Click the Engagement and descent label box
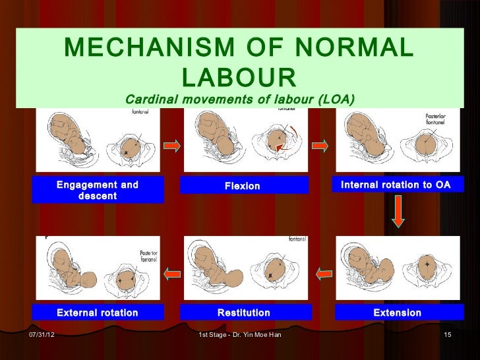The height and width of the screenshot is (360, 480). pyautogui.click(x=98, y=191)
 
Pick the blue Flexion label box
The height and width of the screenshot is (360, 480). pyautogui.click(x=243, y=186)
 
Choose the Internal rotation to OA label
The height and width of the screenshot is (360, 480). pyautogui.click(x=396, y=185)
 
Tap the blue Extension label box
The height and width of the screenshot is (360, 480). pyautogui.click(x=397, y=313)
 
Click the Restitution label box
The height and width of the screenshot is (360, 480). pyautogui.click(x=243, y=313)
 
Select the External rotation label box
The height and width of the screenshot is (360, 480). pyautogui.click(x=98, y=313)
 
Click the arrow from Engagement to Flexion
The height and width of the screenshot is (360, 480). pyautogui.click(x=171, y=146)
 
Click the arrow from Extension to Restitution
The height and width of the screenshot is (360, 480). pyautogui.click(x=323, y=271)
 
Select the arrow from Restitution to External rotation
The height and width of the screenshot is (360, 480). pyautogui.click(x=172, y=271)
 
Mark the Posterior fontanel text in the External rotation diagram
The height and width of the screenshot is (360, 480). pyautogui.click(x=149, y=256)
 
